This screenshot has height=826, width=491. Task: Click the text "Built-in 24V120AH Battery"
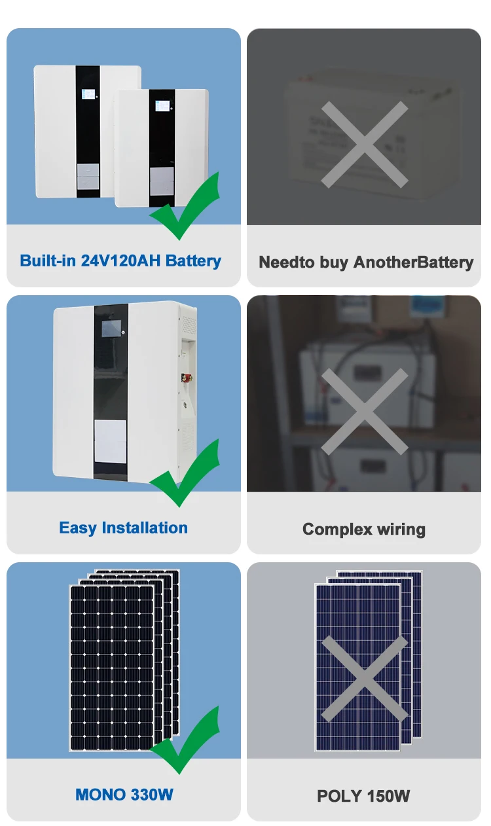click(x=120, y=260)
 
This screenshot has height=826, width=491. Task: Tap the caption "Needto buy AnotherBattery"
click(x=365, y=262)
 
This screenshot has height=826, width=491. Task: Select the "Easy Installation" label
click(x=123, y=528)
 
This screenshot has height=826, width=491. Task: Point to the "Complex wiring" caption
click(x=364, y=529)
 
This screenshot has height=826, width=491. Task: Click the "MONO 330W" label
click(x=124, y=795)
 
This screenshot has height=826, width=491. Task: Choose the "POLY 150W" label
click(x=363, y=796)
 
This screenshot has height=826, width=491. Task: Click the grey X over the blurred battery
click(x=365, y=145)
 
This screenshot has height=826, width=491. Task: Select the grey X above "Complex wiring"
click(x=365, y=412)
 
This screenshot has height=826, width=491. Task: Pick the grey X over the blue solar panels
click(x=365, y=679)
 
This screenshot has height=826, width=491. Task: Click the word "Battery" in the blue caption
click(x=193, y=260)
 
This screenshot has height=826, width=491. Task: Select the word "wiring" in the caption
click(x=401, y=529)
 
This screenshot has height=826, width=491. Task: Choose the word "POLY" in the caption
click(x=339, y=796)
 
